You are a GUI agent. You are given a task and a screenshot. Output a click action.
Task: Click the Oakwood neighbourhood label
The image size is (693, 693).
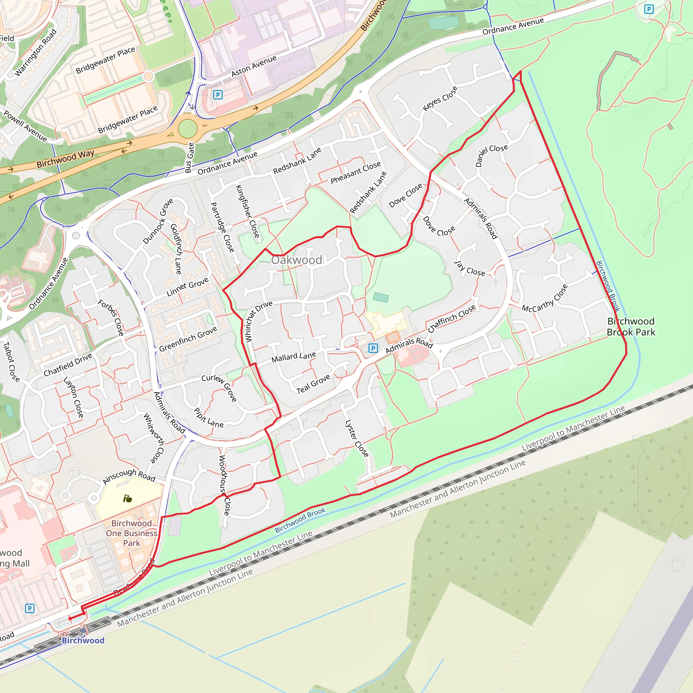296,260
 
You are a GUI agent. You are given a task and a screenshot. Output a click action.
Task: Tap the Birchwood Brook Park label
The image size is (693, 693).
631,327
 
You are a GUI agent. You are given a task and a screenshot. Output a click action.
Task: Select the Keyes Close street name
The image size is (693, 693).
440,99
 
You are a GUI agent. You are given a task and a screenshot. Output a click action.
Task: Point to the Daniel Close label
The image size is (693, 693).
491,155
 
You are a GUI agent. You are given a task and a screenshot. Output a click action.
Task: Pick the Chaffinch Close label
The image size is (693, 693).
452,318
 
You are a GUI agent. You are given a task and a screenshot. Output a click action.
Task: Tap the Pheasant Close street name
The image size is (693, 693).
356,173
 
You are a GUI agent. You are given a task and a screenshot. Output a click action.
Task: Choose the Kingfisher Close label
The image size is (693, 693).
247,211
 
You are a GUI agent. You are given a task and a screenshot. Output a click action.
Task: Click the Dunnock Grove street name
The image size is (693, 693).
158,221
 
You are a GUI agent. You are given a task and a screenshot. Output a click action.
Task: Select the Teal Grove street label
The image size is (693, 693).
313,384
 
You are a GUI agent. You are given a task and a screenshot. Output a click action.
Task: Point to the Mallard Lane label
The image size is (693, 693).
293,357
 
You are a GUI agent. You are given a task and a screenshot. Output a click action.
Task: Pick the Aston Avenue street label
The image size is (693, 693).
254,66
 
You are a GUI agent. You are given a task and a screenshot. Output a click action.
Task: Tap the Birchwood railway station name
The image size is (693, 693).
83,640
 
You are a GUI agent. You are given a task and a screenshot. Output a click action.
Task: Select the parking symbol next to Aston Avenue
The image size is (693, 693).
218,95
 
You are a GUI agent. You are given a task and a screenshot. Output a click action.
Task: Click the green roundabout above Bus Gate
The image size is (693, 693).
187,128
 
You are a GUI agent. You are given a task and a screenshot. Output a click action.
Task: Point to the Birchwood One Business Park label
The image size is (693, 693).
131,533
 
